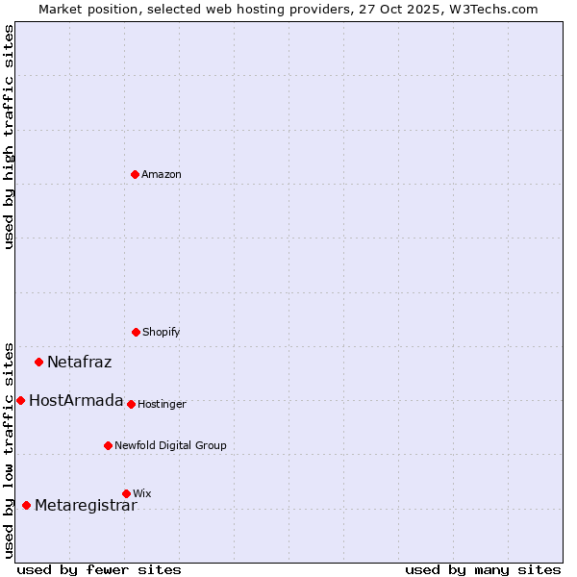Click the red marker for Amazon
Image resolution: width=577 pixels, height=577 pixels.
click(x=135, y=174)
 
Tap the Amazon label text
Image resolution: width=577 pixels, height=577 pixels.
click(x=162, y=174)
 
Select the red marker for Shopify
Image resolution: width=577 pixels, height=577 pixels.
click(x=136, y=332)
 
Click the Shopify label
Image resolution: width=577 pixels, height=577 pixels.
click(x=161, y=332)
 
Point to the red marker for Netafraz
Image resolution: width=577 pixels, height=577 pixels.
click(x=39, y=362)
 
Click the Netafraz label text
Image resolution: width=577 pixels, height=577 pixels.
click(x=79, y=363)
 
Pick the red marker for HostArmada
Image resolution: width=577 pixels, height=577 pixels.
click(x=20, y=400)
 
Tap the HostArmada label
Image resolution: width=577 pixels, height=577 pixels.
click(x=76, y=401)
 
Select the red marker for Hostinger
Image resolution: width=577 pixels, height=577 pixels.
click(x=131, y=404)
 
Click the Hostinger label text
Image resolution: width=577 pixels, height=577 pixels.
click(x=162, y=404)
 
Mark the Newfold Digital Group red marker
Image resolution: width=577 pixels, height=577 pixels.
click(x=108, y=445)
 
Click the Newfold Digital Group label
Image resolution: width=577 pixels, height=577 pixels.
click(x=170, y=445)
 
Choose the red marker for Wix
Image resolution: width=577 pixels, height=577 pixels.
click(x=126, y=493)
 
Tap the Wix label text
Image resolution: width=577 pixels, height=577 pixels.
click(x=142, y=493)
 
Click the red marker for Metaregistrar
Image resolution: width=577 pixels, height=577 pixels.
click(x=26, y=505)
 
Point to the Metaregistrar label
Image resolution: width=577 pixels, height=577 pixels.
click(x=86, y=506)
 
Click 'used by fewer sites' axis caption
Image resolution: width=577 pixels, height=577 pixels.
click(x=99, y=569)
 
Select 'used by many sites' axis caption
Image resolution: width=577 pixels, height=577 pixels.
click(x=483, y=569)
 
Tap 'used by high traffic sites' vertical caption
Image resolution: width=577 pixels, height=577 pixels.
click(x=9, y=137)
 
